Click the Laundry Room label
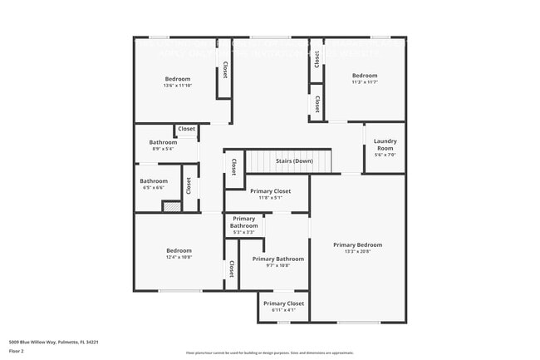point(385,144)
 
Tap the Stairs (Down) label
point(294,160)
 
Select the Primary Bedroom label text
point(357,244)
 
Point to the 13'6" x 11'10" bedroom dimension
point(178,86)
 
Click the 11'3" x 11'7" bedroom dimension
point(365,82)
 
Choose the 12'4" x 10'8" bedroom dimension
point(179,258)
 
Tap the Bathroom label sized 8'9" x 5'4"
point(163,142)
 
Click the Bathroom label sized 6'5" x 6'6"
point(154,181)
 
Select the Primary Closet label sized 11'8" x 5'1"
point(270,191)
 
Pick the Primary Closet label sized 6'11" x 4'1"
point(282,303)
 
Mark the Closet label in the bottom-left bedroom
point(231,269)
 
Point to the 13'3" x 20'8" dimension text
point(357,252)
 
